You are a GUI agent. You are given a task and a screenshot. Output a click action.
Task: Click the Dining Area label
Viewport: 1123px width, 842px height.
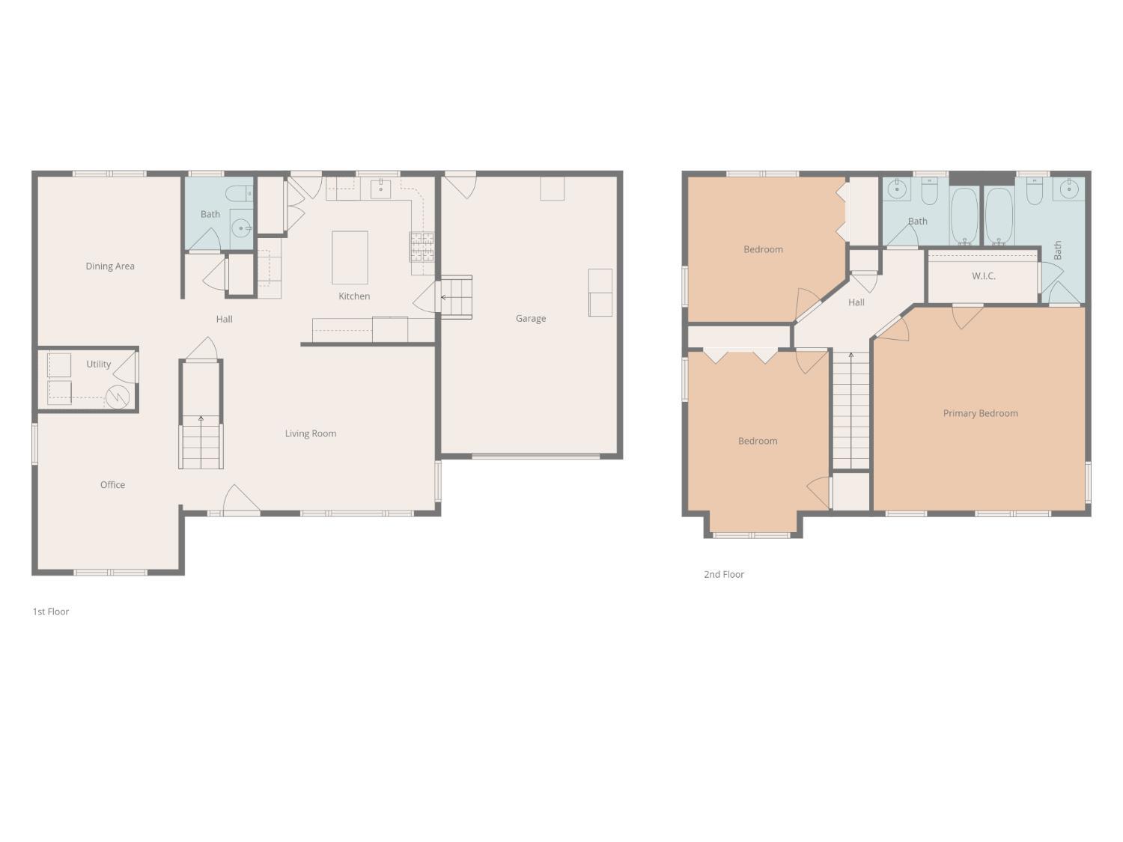[110, 266]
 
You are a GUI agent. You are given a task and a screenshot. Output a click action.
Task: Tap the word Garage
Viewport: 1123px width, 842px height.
[531, 319]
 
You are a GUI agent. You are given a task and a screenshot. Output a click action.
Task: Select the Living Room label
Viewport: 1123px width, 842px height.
[311, 433]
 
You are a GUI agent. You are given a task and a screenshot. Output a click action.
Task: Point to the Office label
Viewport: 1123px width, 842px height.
[112, 485]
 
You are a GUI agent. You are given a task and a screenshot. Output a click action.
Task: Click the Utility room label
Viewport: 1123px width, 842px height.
[98, 364]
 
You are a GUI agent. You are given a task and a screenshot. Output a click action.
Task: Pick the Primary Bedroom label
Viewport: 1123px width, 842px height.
[980, 413]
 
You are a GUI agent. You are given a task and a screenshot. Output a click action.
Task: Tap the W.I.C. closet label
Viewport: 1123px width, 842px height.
[983, 276]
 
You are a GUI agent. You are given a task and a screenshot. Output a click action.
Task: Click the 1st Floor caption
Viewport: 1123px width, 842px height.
[51, 611]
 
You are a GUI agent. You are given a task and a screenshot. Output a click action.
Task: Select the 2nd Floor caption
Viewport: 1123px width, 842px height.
[724, 574]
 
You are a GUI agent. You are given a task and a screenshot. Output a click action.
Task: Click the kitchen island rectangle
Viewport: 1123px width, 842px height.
[350, 257]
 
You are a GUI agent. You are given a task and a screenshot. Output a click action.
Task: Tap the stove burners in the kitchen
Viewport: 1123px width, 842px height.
[421, 247]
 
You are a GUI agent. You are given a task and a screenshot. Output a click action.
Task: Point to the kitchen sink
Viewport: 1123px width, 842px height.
[380, 189]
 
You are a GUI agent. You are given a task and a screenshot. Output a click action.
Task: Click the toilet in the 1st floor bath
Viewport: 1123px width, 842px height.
[239, 194]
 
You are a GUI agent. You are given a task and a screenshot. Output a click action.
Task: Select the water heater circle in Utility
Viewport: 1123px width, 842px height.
[118, 397]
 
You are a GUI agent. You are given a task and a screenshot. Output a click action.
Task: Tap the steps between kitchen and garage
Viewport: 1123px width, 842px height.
[457, 297]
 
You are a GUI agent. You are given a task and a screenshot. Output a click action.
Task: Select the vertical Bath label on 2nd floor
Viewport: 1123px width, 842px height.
[1058, 251]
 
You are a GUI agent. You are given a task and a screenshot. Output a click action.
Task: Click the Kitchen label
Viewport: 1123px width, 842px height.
[354, 296]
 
